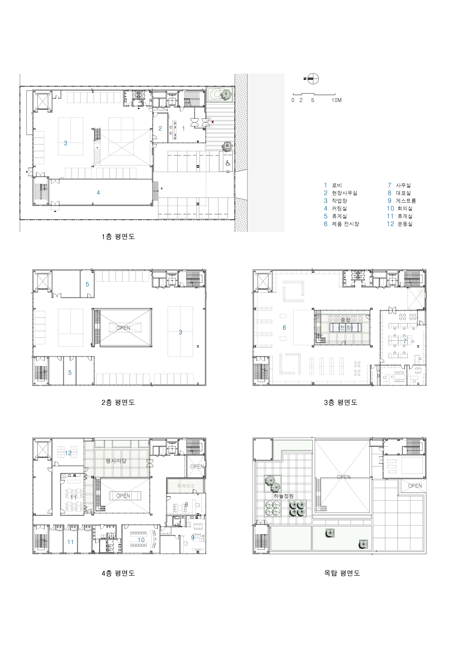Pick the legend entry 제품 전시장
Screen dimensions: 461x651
tap(345, 224)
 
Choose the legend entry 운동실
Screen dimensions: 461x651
tap(405, 224)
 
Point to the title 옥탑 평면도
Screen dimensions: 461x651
tap(342, 573)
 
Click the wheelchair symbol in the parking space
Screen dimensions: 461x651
tap(228, 163)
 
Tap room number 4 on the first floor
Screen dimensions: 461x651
tap(98, 193)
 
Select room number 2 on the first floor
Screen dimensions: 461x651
tap(160, 128)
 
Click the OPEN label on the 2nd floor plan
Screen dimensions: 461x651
tap(123, 328)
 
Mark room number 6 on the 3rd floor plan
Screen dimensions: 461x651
tap(284, 328)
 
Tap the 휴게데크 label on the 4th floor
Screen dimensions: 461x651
tap(185, 486)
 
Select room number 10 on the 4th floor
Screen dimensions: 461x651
tap(141, 540)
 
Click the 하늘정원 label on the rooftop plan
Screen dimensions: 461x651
tap(284, 496)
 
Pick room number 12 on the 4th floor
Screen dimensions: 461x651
tap(68, 453)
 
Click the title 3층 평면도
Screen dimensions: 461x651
tap(341, 402)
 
